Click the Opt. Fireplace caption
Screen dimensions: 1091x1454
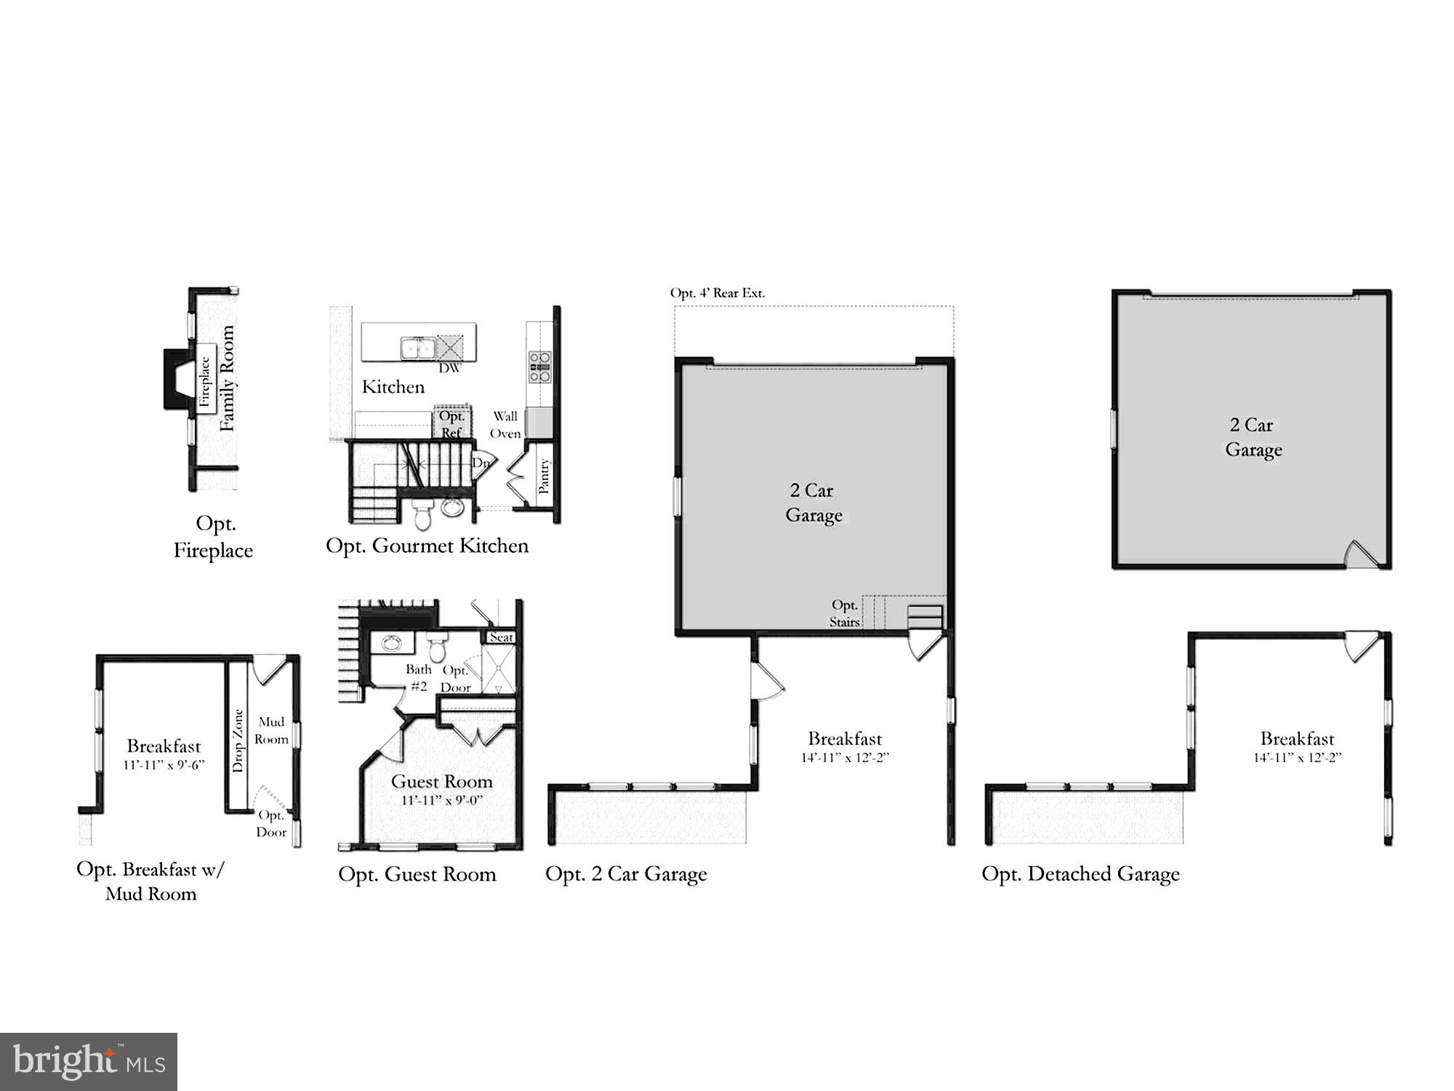pyautogui.click(x=213, y=537)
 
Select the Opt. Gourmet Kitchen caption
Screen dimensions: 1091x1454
pyautogui.click(x=427, y=545)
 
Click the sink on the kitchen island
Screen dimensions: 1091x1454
pyautogui.click(x=417, y=348)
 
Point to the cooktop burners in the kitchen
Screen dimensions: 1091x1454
pyautogui.click(x=539, y=367)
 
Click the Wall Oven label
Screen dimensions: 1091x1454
pyautogui.click(x=505, y=425)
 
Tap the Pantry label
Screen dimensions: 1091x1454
pyautogui.click(x=544, y=476)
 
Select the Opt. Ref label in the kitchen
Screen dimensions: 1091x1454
pyautogui.click(x=451, y=424)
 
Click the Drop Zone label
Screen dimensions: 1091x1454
pyautogui.click(x=238, y=740)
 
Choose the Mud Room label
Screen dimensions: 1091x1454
pyautogui.click(x=272, y=730)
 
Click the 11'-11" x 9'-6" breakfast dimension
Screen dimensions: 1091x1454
pyautogui.click(x=164, y=764)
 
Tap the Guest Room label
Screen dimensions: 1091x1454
pyautogui.click(x=442, y=781)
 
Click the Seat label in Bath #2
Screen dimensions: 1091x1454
pyautogui.click(x=501, y=637)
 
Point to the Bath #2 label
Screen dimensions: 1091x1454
pyautogui.click(x=419, y=677)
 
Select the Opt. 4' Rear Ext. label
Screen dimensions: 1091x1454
pyautogui.click(x=717, y=293)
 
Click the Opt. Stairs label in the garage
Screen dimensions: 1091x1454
pyautogui.click(x=845, y=613)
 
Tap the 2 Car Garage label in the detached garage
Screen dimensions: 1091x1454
pyautogui.click(x=1253, y=437)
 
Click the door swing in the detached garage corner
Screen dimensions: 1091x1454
pyautogui.click(x=1362, y=554)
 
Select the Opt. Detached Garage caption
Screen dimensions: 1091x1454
pyautogui.click(x=1080, y=874)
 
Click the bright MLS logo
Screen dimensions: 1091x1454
pyautogui.click(x=89, y=1062)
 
